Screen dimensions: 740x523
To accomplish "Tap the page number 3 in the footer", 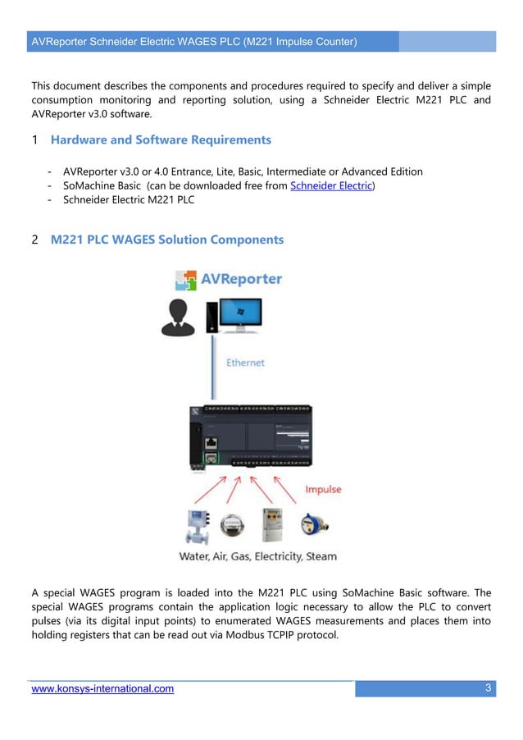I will point(488,688).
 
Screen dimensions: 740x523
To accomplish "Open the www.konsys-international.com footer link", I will point(102,689).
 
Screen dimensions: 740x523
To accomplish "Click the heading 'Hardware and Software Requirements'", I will point(161,139).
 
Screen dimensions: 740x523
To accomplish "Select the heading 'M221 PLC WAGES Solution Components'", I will point(167,240).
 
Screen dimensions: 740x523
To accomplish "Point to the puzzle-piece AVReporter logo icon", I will point(187,281).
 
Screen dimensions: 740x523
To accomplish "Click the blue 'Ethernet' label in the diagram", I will point(245,362).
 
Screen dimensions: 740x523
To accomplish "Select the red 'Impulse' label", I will point(323,490).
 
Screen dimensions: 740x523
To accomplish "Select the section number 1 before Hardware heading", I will point(34,140).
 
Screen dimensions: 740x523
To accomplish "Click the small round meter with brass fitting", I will point(312,526).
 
